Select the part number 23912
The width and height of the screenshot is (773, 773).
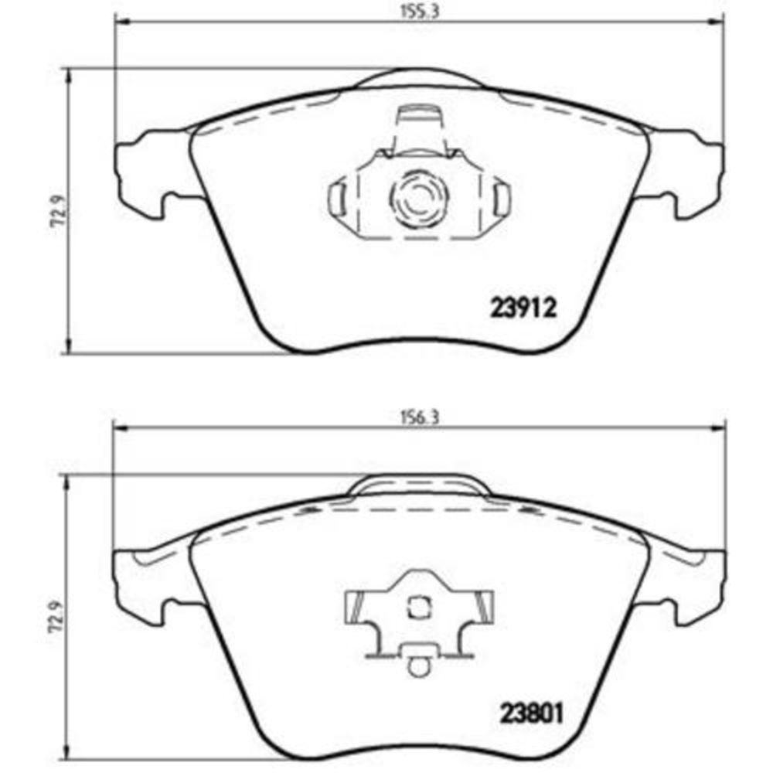[523, 310]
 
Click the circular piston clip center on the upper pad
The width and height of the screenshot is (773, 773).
[417, 199]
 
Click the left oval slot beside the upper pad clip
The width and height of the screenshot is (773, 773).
[337, 199]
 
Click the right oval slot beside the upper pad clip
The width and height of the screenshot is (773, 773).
[501, 199]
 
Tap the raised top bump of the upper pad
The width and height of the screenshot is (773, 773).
[417, 79]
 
